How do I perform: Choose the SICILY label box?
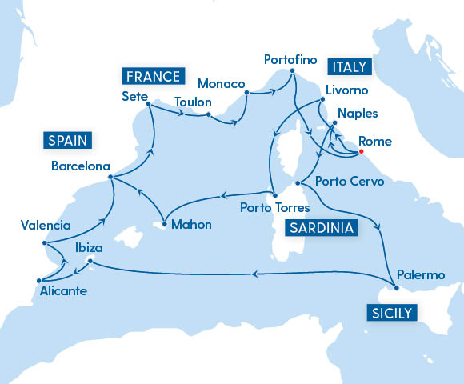click(x=391, y=312)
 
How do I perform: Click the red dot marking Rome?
click(x=362, y=151)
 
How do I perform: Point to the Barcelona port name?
click(x=80, y=168)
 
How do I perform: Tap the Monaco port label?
click(x=219, y=84)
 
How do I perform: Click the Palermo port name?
click(x=422, y=275)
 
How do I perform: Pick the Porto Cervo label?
click(x=350, y=182)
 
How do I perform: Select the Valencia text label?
click(x=46, y=226)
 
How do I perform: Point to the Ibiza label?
click(x=88, y=248)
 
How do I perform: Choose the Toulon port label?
click(x=192, y=102)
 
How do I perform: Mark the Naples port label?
click(x=358, y=114)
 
